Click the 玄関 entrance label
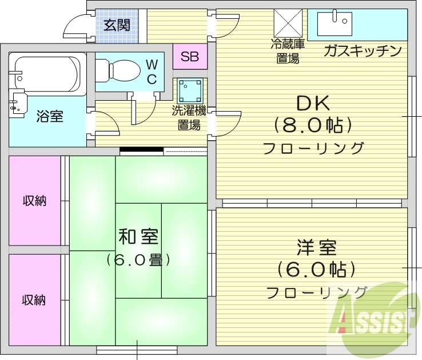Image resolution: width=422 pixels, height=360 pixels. [117, 25]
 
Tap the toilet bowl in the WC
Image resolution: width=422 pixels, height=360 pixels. [117, 70]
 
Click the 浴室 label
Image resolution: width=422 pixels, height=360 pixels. [50, 117]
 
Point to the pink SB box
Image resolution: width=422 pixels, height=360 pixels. [189, 57]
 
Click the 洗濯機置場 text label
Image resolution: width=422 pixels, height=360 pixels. [188, 118]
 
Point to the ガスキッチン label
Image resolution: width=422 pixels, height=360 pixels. [361, 52]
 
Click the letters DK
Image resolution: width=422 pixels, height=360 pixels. [313, 103]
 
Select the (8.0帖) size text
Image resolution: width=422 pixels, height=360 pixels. [312, 124]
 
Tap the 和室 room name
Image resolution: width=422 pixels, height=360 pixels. [138, 235]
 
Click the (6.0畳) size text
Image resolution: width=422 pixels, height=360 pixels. [138, 260]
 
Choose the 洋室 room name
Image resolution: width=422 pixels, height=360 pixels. [316, 248]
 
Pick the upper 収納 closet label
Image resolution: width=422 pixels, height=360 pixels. [34, 201]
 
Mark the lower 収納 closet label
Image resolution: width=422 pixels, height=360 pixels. [34, 299]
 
